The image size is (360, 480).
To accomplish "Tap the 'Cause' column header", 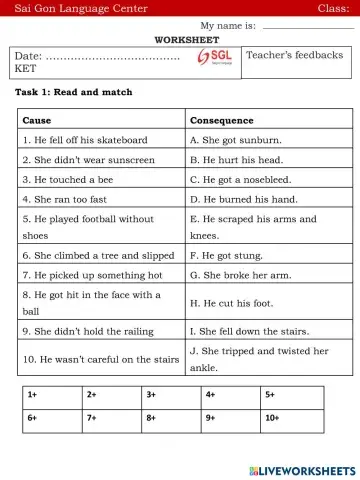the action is click(37, 120).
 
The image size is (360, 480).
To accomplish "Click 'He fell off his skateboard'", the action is click(85, 140).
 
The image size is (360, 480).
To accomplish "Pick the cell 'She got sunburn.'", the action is click(235, 140).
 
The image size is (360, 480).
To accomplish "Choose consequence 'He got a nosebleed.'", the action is click(241, 179).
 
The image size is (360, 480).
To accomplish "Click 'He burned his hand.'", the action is click(241, 199).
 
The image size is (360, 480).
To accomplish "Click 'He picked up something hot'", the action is click(92, 274).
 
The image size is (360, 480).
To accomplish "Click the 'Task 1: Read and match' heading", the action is click(73, 92).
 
